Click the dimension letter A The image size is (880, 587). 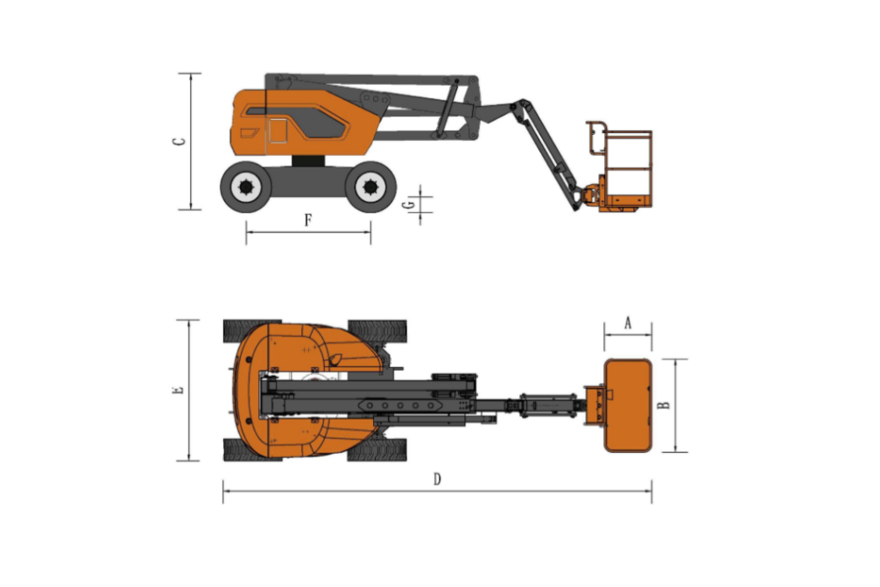coord(628,323)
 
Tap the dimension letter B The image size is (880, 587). coord(664,405)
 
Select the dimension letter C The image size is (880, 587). coord(179,141)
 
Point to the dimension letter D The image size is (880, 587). coord(437,479)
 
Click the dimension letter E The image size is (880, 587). coord(179,389)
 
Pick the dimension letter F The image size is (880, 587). coord(308,220)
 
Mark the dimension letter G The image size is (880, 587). coord(412,205)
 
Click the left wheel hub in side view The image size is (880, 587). coord(246,187)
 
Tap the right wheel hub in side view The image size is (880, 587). coord(370,187)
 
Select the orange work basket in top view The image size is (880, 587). coord(628,406)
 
